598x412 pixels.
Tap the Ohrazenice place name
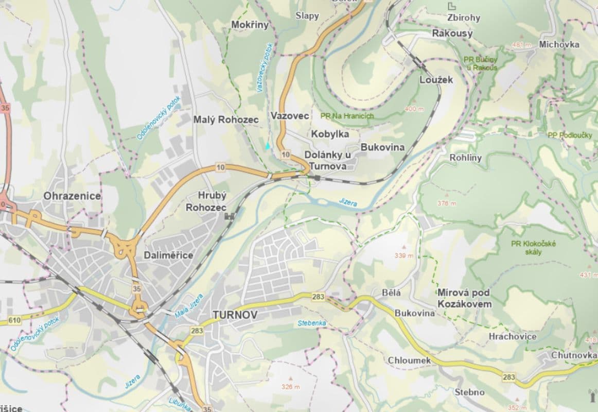72,196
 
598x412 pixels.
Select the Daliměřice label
168,255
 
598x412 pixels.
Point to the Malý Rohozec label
226,119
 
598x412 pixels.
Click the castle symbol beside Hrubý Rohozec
230,217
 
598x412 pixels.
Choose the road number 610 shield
14,321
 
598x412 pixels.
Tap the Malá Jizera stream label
188,307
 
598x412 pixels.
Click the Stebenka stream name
312,323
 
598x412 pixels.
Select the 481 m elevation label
521,45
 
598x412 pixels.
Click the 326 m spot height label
290,387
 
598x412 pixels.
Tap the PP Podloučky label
570,135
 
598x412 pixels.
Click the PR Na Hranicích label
346,116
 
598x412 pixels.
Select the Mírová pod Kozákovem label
464,298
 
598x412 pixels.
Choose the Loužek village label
436,80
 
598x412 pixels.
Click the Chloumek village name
409,360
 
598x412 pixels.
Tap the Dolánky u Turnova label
328,160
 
